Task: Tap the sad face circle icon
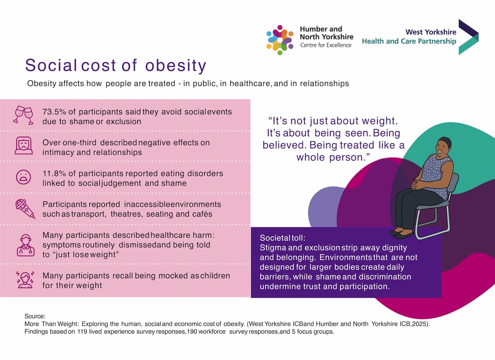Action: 23,177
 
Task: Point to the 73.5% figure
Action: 54,112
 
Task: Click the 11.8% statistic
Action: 54,173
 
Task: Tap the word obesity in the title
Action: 176,66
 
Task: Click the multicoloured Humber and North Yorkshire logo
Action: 280,39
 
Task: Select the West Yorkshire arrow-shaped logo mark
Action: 468,37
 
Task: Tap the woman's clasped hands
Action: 417,184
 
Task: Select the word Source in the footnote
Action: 35,316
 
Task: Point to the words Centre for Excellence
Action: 326,45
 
